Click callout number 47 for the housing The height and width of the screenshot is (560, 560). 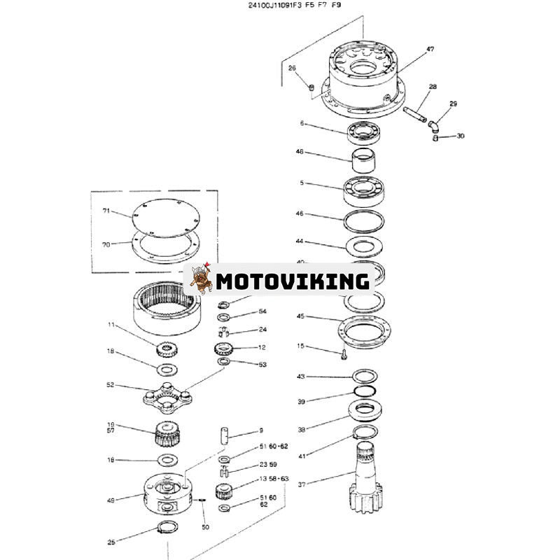[430, 50]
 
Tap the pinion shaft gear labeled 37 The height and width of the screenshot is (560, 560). [370, 476]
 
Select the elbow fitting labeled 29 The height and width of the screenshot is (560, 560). [435, 123]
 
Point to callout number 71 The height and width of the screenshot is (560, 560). [107, 211]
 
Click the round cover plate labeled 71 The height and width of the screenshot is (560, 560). [166, 218]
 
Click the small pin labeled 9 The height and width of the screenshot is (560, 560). [224, 434]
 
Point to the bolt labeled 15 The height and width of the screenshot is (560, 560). [342, 354]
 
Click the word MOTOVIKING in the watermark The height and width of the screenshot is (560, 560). [293, 281]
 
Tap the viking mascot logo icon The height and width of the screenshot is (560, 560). [200, 281]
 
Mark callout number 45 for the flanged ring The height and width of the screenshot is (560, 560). [300, 316]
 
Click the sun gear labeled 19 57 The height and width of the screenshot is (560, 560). [167, 437]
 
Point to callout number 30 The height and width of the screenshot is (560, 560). [460, 136]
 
